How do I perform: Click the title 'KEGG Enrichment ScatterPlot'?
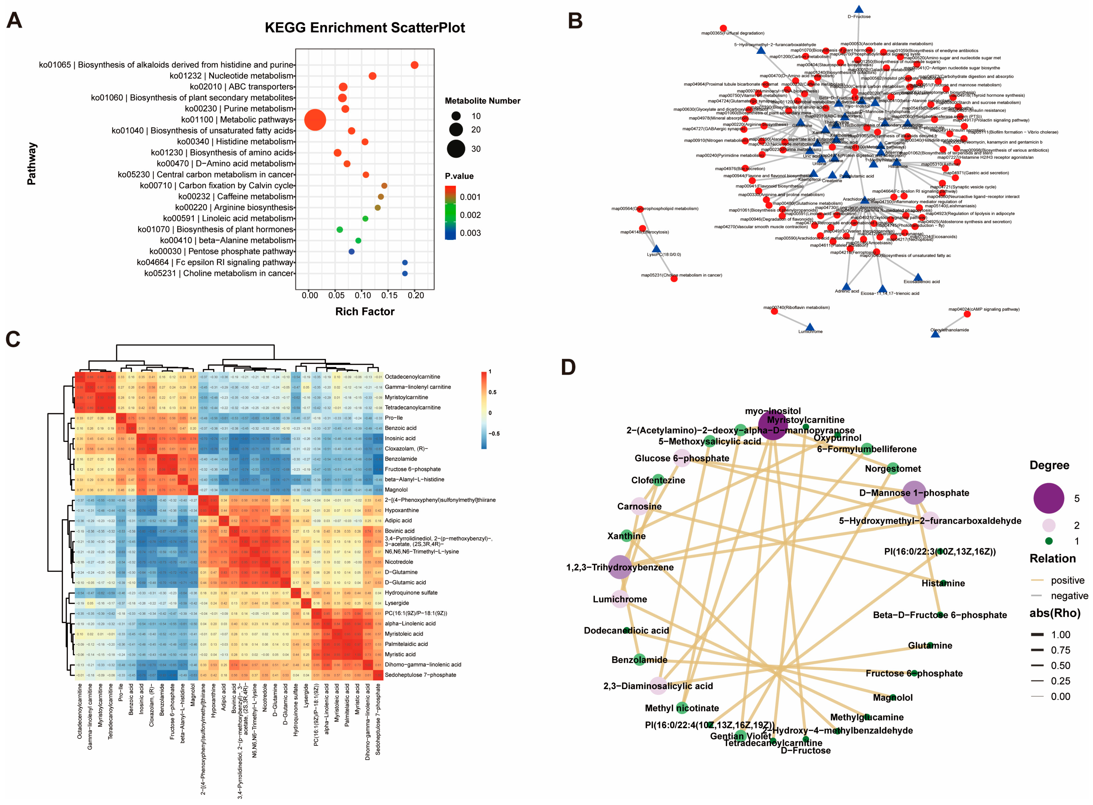365,28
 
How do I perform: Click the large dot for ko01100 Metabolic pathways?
315,120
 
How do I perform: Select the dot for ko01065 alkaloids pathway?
414,65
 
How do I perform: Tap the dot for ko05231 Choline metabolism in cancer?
405,273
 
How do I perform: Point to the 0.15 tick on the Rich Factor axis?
389,295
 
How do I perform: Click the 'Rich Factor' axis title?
365,311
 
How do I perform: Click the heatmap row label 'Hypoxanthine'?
402,510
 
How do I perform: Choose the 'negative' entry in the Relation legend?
1069,596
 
